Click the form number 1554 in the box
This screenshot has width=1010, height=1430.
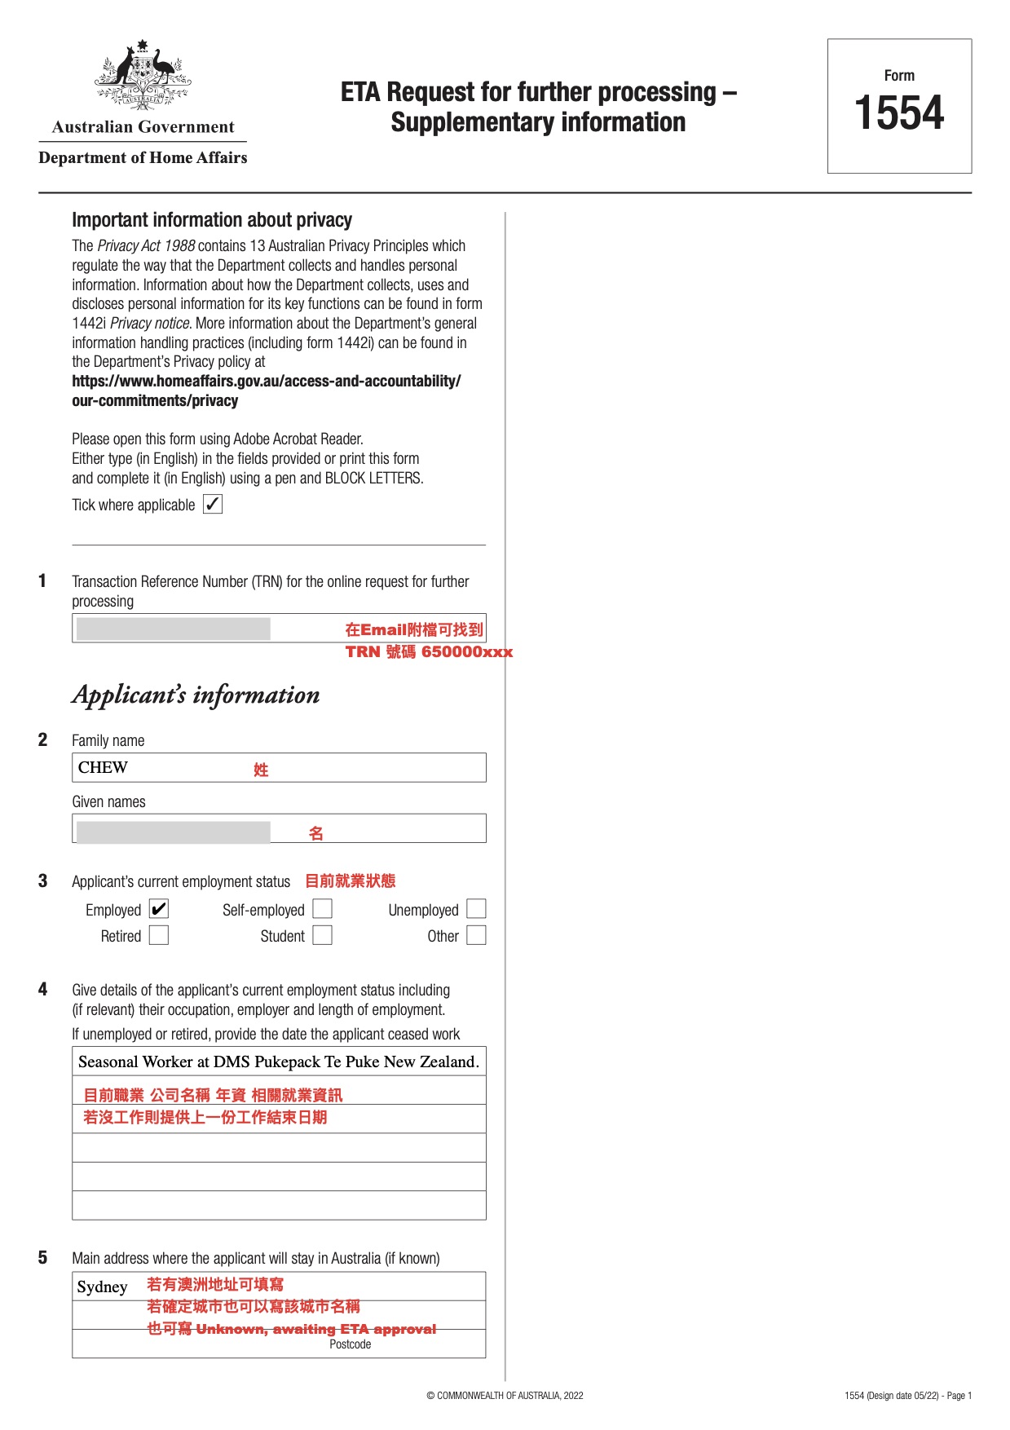(x=898, y=113)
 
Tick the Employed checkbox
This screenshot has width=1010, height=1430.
(x=159, y=909)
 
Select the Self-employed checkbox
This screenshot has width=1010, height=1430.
(x=323, y=909)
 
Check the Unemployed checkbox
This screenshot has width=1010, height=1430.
(x=477, y=909)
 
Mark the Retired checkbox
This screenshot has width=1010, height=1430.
(x=159, y=935)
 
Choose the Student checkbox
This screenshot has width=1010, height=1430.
(x=323, y=935)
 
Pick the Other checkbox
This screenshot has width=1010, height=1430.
(x=477, y=935)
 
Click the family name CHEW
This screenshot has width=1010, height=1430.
(x=103, y=767)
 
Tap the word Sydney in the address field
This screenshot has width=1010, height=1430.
(x=103, y=1287)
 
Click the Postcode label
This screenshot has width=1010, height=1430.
(x=351, y=1344)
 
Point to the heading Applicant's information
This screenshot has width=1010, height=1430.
(x=196, y=695)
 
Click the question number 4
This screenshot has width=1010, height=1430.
(x=42, y=989)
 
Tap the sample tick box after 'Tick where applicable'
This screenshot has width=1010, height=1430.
(x=213, y=504)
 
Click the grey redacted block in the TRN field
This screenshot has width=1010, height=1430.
(x=173, y=629)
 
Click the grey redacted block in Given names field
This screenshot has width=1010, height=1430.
(x=173, y=832)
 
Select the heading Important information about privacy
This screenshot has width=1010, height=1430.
(x=212, y=220)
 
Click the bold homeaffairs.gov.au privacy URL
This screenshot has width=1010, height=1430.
(x=266, y=391)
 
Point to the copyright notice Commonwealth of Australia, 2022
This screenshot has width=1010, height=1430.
(x=505, y=1395)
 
